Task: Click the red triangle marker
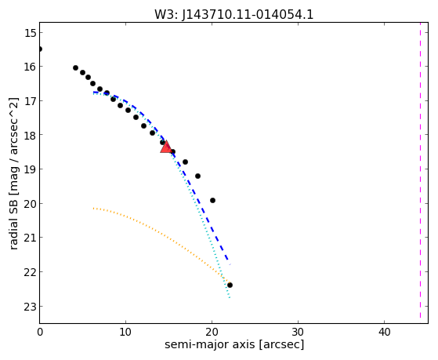click(x=165, y=147)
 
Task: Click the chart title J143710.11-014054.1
click(x=234, y=15)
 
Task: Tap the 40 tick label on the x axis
click(x=385, y=332)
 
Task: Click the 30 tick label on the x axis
click(x=298, y=332)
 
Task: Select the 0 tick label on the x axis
click(x=40, y=332)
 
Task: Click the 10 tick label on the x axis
click(x=125, y=332)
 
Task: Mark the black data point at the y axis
click(x=40, y=49)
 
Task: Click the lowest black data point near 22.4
click(x=230, y=285)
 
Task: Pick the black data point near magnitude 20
click(x=212, y=200)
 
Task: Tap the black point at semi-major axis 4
click(x=75, y=67)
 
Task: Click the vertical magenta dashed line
click(x=420, y=171)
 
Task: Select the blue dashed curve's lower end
click(x=229, y=263)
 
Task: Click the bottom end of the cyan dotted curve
click(x=230, y=297)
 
